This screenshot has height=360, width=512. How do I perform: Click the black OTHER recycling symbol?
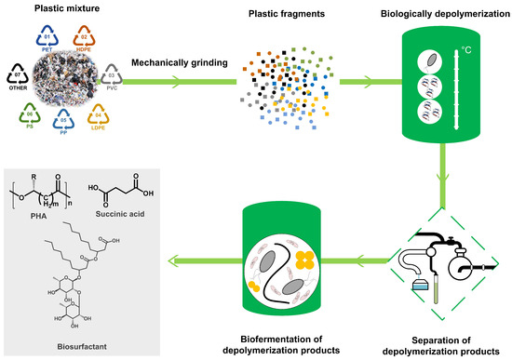tap(17, 73)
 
